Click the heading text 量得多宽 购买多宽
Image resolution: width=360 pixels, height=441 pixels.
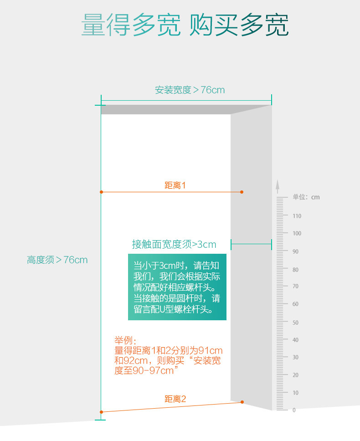[x=185, y=25]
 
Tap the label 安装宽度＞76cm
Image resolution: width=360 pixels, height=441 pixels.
[x=190, y=90]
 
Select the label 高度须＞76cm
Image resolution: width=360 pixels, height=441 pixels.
[x=57, y=260]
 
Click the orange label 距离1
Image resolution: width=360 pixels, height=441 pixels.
[x=175, y=185]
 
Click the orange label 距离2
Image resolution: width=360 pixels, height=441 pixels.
[x=175, y=399]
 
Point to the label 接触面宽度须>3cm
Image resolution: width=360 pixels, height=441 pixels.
[x=174, y=245]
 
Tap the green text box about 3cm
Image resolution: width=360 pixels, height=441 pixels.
[x=177, y=287]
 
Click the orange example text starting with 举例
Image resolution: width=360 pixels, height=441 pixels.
[x=168, y=355]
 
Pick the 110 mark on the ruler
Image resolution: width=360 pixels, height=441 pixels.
[x=297, y=216]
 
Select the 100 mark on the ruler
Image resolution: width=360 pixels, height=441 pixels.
[x=297, y=233]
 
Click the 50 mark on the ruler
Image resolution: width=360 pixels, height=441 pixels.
[x=295, y=323]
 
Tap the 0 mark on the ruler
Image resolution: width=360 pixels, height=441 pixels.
[x=294, y=410]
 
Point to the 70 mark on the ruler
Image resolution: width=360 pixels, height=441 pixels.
[x=295, y=287]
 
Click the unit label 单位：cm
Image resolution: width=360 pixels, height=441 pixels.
[x=306, y=197]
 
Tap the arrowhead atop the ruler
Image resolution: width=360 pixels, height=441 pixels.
[x=277, y=184]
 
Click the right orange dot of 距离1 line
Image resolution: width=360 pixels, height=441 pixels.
[x=242, y=192]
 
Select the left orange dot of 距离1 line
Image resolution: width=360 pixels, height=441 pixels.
[x=101, y=192]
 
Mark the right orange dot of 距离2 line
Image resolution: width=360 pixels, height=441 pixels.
[x=242, y=402]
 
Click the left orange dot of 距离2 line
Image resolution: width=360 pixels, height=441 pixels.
[x=101, y=412]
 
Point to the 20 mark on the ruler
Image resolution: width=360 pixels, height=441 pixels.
[x=295, y=375]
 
